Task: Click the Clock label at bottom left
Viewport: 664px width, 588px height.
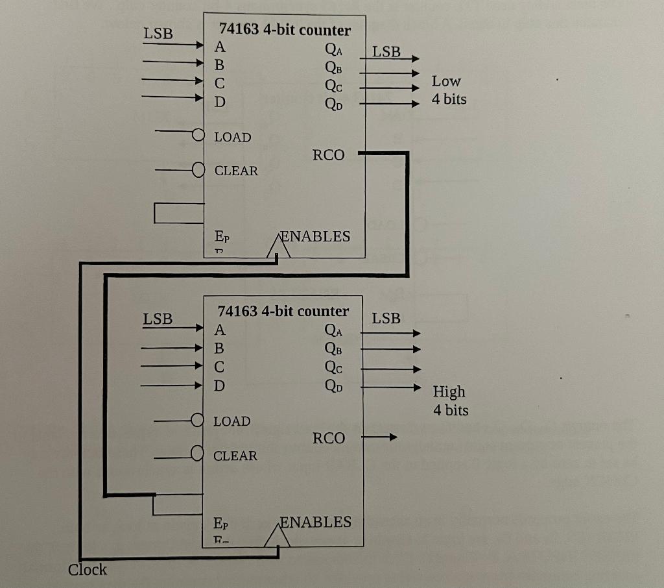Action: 88,570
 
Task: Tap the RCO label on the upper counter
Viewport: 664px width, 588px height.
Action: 329,155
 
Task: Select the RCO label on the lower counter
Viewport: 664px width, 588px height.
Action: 329,439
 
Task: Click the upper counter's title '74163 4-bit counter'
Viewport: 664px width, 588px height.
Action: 285,30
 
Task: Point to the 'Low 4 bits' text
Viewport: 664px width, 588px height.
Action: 449,90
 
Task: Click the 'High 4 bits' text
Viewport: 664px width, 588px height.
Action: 450,400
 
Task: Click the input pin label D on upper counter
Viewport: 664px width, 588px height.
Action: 220,102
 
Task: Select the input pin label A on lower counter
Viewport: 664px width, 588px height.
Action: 219,329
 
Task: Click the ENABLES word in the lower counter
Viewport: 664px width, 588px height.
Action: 315,522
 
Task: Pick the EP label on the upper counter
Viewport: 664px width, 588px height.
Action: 220,238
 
